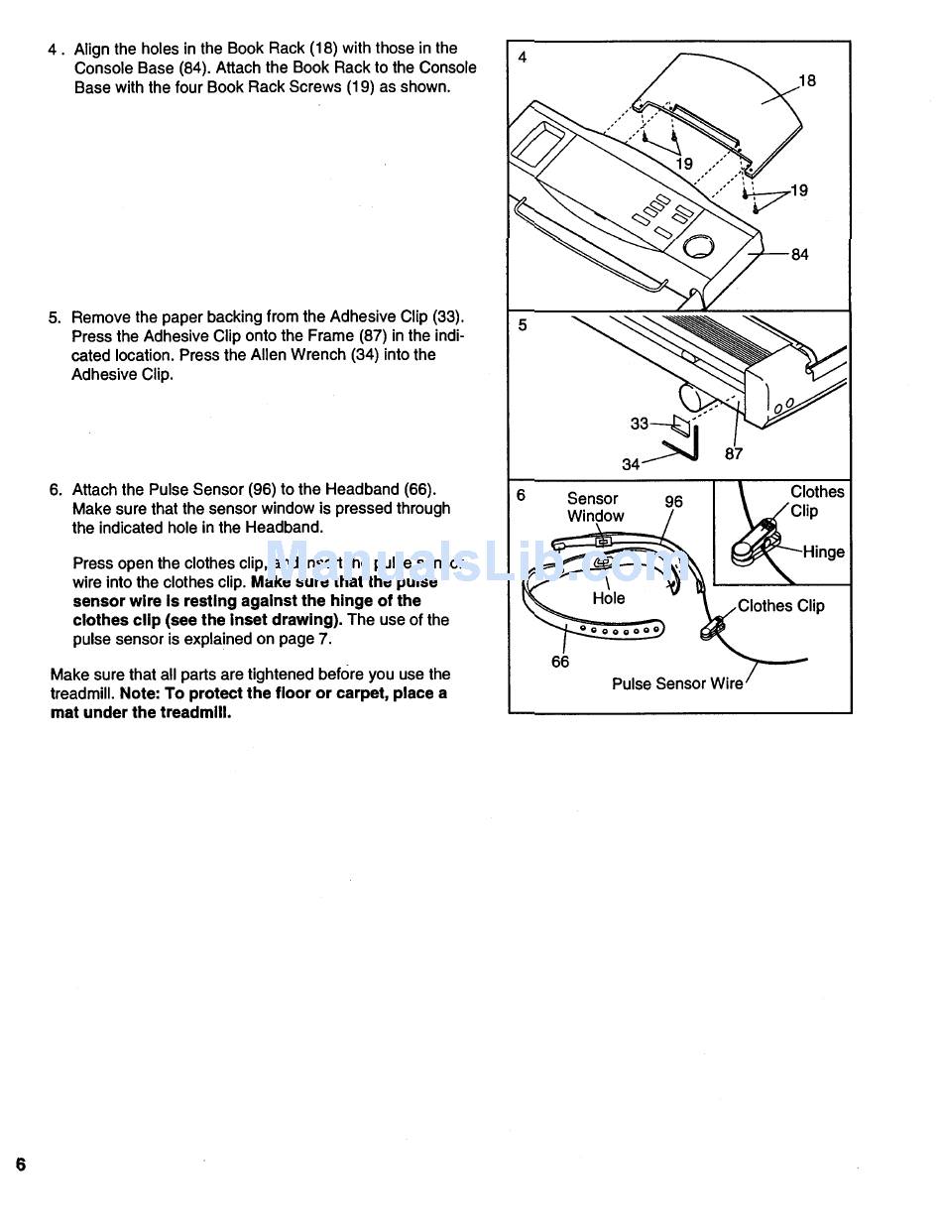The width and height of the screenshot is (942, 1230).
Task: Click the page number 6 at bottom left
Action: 20,1165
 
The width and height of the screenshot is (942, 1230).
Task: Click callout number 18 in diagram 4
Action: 807,80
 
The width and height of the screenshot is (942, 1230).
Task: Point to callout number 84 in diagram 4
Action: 799,255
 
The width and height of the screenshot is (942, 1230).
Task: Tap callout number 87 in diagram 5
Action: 734,454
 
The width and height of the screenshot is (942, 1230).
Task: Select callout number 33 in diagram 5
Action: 640,424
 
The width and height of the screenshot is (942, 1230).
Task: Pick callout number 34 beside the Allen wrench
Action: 632,464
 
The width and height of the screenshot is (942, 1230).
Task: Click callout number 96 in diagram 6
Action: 673,502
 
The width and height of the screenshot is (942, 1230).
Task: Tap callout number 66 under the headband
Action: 560,662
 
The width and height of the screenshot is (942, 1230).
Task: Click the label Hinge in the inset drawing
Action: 823,553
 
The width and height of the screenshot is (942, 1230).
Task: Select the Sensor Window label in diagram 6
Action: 595,507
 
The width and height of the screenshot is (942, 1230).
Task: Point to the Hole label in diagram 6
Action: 609,598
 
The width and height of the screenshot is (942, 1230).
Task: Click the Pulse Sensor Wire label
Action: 677,683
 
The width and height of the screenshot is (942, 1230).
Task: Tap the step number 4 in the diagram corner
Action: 523,58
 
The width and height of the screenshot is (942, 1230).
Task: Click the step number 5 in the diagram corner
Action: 523,324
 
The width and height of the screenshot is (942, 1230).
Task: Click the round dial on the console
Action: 699,245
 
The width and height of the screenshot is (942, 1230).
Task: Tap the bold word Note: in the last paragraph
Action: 143,693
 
